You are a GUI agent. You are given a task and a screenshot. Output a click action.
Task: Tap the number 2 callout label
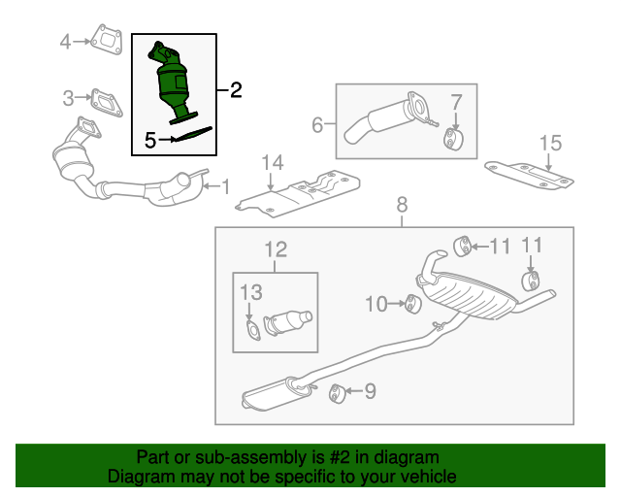[x=236, y=90]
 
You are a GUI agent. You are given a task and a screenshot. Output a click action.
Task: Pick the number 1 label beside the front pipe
[x=225, y=184]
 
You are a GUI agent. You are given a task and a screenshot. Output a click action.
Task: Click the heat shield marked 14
[x=301, y=190]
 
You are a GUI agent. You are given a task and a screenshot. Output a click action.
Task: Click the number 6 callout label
[x=317, y=124]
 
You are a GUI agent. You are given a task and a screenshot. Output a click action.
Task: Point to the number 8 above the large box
[x=402, y=204]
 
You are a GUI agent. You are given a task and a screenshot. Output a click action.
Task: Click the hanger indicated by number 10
[x=410, y=305]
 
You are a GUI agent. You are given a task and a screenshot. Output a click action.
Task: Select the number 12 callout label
[x=277, y=249]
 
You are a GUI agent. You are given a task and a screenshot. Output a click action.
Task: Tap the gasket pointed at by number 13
[x=252, y=333]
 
